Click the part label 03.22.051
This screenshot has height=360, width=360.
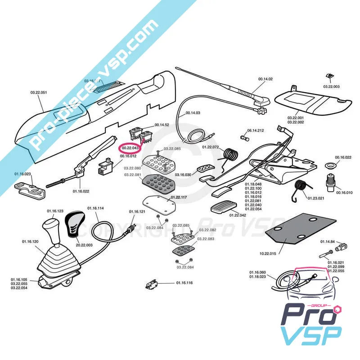click(39, 93)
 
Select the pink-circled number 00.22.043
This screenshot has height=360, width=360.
click(130, 148)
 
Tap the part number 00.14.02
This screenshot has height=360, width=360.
click(265, 79)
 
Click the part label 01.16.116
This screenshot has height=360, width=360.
click(184, 283)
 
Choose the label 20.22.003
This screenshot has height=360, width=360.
click(84, 245)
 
